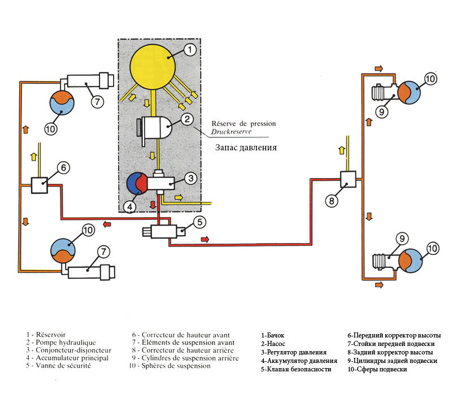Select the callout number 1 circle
pyautogui.click(x=190, y=50)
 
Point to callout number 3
pyautogui.click(x=191, y=179)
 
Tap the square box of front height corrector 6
pyautogui.click(x=39, y=184)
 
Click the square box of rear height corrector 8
pyautogui.click(x=347, y=180)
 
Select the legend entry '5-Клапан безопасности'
pyautogui.click(x=296, y=369)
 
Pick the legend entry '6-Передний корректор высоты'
pyautogui.click(x=394, y=335)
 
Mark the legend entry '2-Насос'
pyautogui.click(x=275, y=343)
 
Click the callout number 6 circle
pyautogui.click(x=63, y=168)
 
